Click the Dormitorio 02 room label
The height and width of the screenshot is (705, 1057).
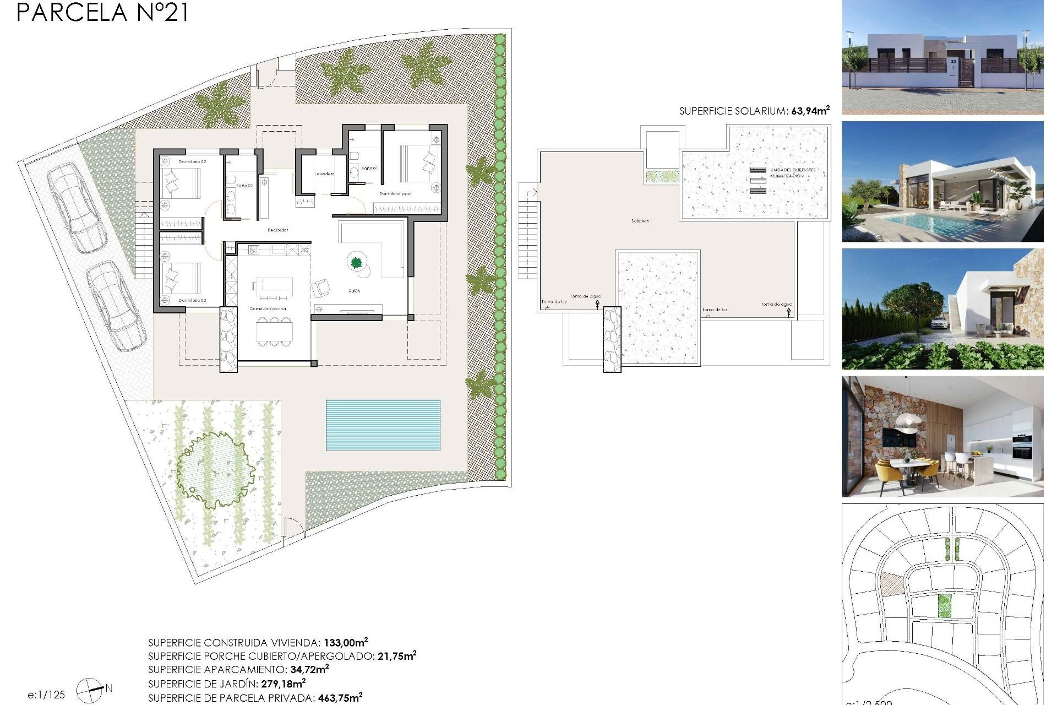192,162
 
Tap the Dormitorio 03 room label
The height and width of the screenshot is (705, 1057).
192,300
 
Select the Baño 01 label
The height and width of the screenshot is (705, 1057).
369,168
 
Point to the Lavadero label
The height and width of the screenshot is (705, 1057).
324,174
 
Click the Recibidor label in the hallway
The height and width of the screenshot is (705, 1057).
277,230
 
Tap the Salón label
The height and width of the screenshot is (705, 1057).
354,291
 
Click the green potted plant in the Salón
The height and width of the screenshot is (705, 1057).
356,262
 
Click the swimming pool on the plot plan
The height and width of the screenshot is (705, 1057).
383,425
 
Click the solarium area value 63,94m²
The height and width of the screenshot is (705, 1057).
810,111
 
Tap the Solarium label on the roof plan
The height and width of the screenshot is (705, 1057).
640,221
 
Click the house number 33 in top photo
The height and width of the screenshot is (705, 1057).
953,62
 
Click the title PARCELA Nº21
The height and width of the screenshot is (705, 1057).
102,12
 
